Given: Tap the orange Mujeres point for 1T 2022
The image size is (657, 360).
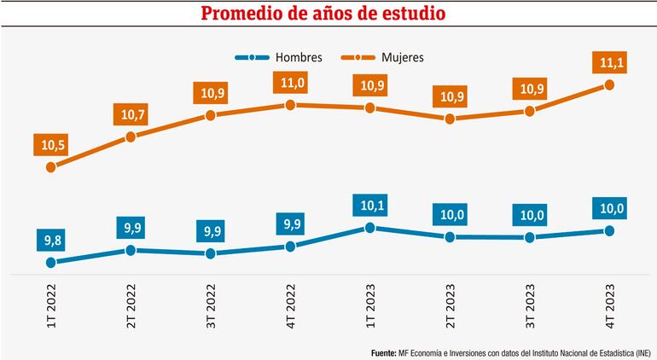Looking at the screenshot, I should click(x=51, y=167).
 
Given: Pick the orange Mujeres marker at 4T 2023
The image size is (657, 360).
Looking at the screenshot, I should click(x=609, y=84).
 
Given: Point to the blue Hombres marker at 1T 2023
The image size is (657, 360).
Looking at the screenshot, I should click(x=370, y=228).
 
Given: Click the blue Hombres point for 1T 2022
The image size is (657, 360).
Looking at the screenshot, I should click(x=51, y=263).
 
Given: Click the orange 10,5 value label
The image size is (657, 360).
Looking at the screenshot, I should click(x=51, y=145).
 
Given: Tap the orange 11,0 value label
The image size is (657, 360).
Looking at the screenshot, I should click(x=290, y=83).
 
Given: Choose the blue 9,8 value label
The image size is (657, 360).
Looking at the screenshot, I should click(x=51, y=241).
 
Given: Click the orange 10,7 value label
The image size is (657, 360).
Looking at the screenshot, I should click(x=131, y=113).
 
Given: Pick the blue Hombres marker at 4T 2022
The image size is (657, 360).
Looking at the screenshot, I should click(x=290, y=247).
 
